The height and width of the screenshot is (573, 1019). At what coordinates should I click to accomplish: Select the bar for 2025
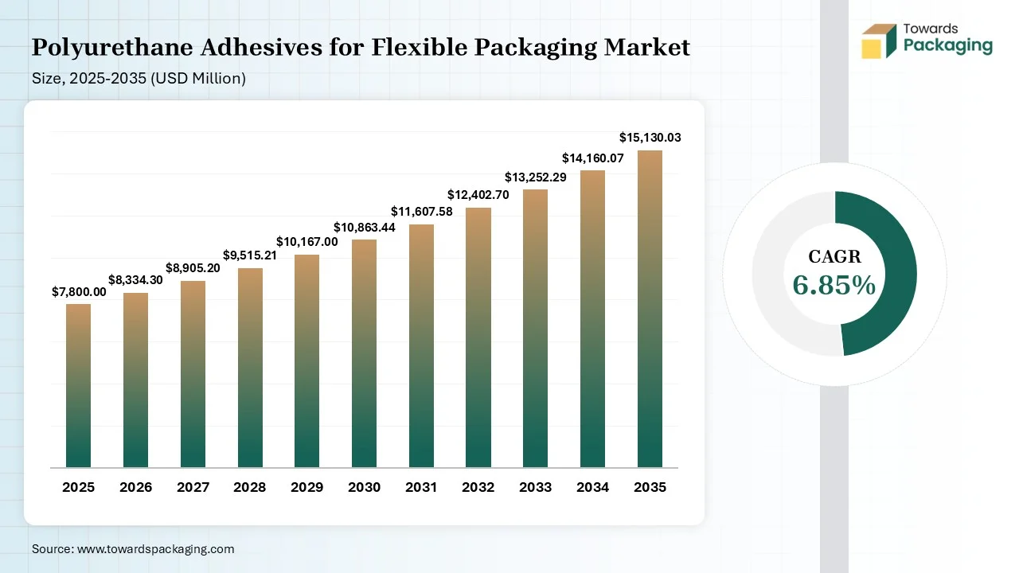coord(78,386)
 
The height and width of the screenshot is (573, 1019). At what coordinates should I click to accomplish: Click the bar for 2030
coord(364,354)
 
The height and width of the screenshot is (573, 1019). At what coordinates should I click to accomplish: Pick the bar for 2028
coord(250,368)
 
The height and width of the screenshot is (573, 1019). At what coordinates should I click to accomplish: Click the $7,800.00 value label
coord(79,292)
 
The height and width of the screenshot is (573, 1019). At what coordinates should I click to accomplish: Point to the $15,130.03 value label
coord(650,138)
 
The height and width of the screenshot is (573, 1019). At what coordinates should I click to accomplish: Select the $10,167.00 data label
coord(307,241)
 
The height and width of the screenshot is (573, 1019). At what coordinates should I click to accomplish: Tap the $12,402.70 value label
coord(478,194)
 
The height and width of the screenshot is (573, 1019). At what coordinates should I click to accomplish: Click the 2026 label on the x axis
coord(135,487)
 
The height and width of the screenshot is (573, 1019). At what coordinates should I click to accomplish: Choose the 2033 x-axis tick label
coord(535,487)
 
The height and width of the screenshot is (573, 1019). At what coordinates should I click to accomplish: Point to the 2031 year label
coord(421,487)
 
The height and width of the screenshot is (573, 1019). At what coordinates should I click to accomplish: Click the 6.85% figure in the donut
coord(834,285)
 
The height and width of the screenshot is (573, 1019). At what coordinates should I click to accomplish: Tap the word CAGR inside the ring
coord(834,256)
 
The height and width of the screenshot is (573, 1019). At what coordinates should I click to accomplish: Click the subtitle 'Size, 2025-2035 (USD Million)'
coord(139,79)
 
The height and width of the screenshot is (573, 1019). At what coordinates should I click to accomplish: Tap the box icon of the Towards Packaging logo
coord(879,41)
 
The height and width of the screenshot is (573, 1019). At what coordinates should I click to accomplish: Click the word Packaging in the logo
coord(948,46)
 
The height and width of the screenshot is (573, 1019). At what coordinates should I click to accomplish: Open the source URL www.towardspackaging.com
coord(154,549)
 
